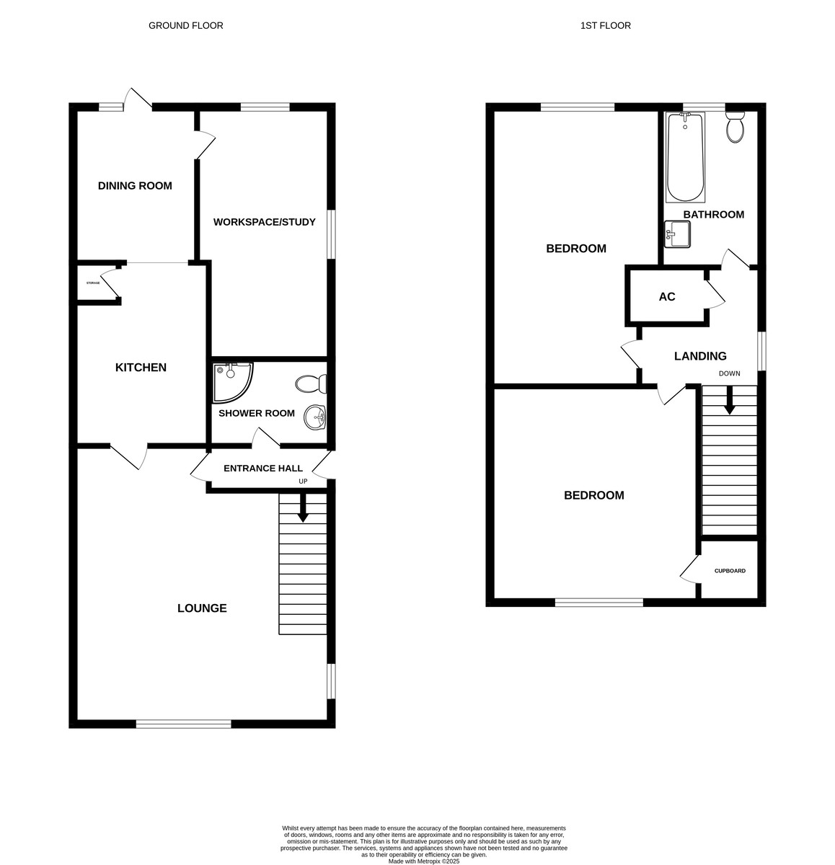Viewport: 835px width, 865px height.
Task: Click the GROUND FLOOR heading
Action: coord(185,26)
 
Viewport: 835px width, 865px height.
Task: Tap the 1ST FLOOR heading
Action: coord(605,26)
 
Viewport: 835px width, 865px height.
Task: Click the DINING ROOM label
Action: coord(135,186)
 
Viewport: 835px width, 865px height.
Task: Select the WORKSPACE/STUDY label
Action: coord(264,222)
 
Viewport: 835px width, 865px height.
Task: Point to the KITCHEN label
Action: coord(141,367)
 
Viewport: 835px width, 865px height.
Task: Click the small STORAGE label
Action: coord(93,283)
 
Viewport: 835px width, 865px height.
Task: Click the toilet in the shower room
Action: coord(311,383)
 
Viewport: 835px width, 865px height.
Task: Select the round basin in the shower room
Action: coord(315,417)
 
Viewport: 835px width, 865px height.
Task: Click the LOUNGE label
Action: coord(202,608)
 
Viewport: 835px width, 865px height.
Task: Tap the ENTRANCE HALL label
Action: coord(262,468)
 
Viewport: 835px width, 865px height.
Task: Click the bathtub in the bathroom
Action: coord(685,156)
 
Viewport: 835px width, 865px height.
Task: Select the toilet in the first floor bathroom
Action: coord(735,127)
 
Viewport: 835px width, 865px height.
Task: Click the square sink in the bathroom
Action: coord(677,234)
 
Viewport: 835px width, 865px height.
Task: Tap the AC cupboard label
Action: coord(666,296)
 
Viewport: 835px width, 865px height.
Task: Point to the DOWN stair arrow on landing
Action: coord(729,400)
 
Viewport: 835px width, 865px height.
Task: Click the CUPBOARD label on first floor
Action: coord(730,571)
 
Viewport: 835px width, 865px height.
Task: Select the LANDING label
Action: coord(700,355)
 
